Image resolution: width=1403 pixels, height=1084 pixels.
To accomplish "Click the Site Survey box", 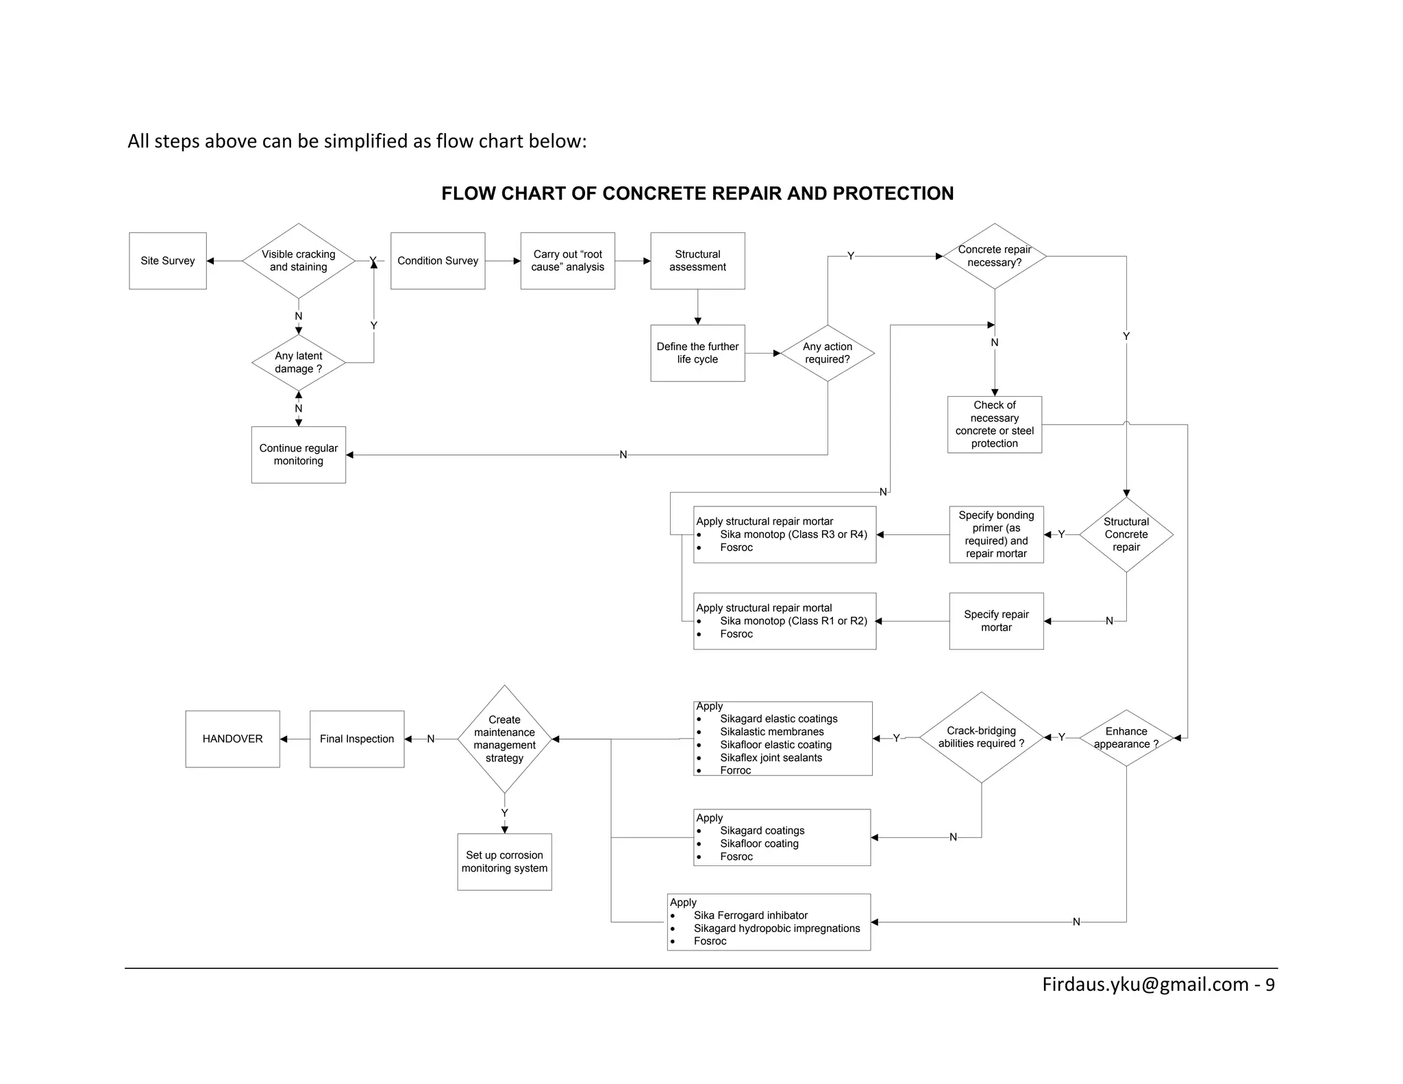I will (x=167, y=260).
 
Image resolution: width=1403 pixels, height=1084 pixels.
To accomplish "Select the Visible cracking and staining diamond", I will (x=298, y=260).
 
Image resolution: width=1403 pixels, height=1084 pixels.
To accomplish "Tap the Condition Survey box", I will (x=438, y=260).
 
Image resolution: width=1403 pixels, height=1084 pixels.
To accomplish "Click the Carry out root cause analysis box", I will (x=567, y=260).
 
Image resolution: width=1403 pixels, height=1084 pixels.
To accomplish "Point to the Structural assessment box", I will (x=697, y=260).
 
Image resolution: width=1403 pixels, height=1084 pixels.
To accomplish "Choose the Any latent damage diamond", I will (x=298, y=362).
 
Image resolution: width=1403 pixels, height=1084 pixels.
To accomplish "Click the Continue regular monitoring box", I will (x=298, y=454).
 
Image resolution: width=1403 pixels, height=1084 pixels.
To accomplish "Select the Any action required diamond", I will (x=827, y=353).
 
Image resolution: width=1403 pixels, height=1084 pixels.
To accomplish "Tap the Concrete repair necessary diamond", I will (x=994, y=256).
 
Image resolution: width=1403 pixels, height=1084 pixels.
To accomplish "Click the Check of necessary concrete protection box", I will (x=994, y=424).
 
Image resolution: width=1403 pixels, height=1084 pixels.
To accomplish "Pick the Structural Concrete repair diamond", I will (x=1126, y=534).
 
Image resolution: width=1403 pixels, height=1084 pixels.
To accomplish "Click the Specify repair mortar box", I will (x=996, y=621).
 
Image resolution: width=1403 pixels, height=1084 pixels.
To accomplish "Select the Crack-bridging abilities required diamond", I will (x=981, y=737).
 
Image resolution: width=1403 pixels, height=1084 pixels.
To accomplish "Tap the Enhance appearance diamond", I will (x=1126, y=738).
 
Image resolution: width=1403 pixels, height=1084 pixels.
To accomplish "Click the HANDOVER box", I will (x=232, y=739).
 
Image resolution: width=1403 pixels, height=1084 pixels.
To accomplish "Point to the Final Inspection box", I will (x=357, y=739).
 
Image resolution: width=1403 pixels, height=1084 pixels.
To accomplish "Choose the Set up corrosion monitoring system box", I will (x=504, y=861).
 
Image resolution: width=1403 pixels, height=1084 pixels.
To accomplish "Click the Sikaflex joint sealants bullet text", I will (x=771, y=758).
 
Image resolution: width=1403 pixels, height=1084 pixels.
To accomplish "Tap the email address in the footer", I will (x=1145, y=985).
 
